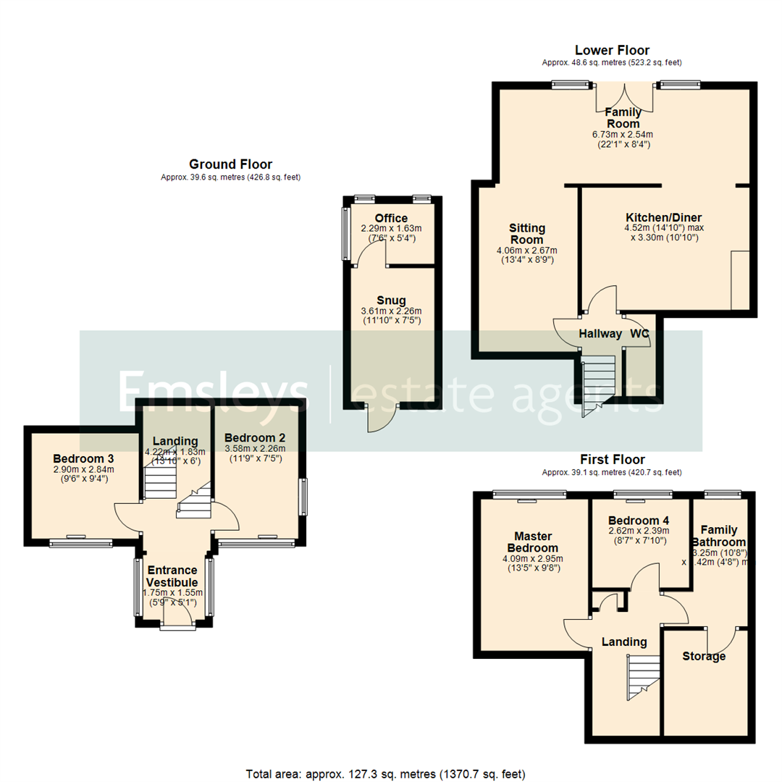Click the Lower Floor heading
tap(612, 50)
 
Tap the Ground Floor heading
tap(230, 164)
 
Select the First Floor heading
tap(612, 460)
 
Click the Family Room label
tap(623, 117)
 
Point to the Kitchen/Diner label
tap(663, 217)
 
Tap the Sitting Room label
tap(527, 234)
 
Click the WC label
tap(639, 334)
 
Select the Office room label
tap(391, 218)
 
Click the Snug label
tap(391, 300)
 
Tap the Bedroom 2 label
tap(254, 437)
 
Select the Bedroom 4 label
tap(639, 520)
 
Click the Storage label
tap(704, 656)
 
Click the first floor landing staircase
tap(643, 678)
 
